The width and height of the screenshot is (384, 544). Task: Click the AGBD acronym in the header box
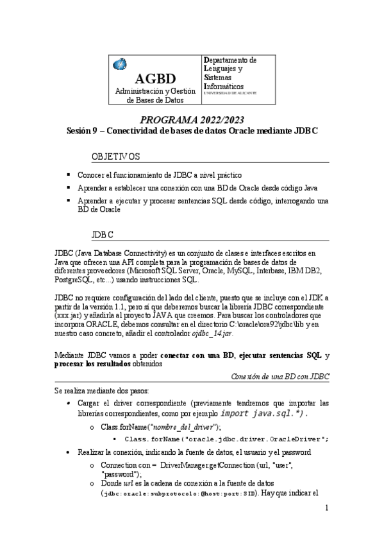154,79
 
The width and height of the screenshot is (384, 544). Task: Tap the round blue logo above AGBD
120,64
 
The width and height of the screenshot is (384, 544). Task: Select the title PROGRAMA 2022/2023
192,120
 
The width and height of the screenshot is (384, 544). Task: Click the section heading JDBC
103,235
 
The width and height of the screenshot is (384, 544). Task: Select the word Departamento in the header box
230,60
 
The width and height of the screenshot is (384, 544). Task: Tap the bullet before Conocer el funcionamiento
69,174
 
